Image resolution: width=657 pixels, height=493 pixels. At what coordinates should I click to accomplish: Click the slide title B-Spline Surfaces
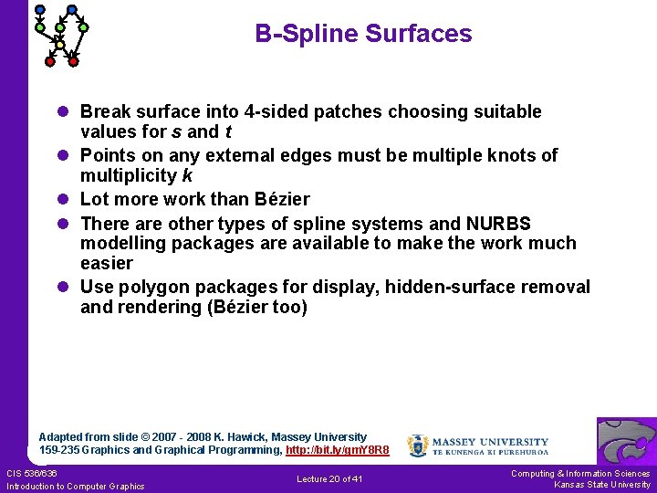pos(363,35)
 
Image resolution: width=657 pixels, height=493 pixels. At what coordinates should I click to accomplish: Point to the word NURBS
pos(498,224)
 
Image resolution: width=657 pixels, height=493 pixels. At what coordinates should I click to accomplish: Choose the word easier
pos(107,264)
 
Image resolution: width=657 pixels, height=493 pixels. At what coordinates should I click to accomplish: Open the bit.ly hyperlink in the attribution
pos(337,450)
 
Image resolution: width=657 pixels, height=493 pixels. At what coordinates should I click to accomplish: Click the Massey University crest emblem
pos(417,446)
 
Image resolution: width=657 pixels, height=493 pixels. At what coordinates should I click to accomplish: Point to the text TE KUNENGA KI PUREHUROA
pos(490,452)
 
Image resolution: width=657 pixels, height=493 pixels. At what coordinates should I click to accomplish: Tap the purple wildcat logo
pos(626,441)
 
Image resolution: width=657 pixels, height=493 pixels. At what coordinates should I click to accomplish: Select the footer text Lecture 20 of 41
pos(329,479)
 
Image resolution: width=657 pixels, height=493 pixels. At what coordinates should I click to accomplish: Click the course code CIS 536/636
pos(32,473)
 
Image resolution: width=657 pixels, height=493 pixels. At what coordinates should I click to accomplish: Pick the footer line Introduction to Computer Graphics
pos(75,487)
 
